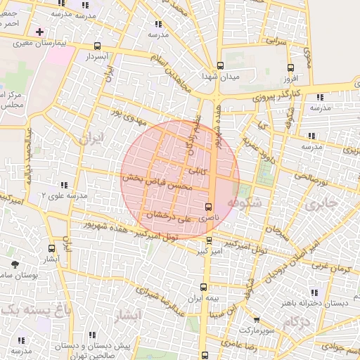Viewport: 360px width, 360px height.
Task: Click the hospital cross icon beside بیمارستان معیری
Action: click(39, 32)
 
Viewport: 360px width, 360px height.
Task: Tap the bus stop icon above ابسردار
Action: click(97, 46)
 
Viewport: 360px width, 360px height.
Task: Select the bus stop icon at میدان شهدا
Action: click(220, 65)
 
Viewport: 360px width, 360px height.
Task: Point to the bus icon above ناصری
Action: click(207, 207)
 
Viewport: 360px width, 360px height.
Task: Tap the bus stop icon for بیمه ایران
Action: click(204, 287)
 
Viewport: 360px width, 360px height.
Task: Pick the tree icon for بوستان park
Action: click(15, 264)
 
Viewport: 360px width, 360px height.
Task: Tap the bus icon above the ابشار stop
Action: click(51, 248)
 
